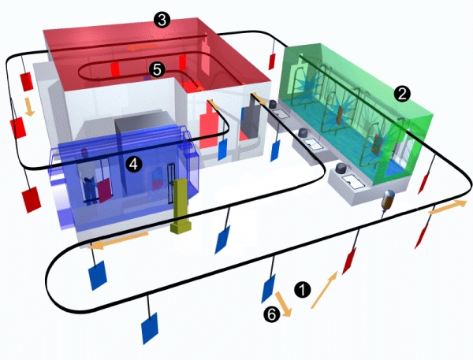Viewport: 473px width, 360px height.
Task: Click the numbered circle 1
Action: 302,290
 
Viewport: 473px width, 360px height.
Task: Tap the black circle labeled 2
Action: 402,94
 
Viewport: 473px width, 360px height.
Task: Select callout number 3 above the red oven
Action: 162,20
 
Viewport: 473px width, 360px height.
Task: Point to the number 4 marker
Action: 134,165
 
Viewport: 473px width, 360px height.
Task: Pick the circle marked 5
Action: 157,69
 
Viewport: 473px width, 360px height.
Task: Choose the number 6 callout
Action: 271,314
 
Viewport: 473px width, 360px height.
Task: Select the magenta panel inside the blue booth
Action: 104,190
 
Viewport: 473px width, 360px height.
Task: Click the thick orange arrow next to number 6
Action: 284,304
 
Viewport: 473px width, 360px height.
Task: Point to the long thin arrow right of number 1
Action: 324,290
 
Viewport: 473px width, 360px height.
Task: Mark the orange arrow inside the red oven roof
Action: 143,46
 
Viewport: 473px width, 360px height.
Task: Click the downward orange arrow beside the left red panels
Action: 29,106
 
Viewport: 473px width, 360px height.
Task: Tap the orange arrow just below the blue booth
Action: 118,239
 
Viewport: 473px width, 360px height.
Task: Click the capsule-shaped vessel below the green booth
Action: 387,200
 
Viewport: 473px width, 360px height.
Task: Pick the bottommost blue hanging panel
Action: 150,328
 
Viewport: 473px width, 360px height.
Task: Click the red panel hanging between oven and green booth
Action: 272,61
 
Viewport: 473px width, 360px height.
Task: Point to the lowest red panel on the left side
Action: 32,199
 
